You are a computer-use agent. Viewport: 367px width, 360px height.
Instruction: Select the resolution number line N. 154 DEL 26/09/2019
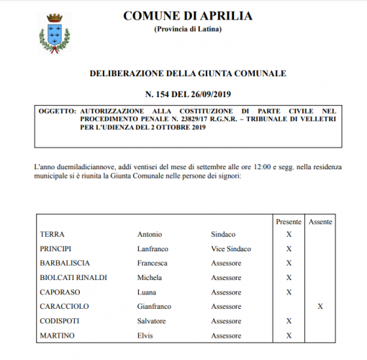pyautogui.click(x=187, y=94)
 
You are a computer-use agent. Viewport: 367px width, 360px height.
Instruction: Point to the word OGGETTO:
pyautogui.click(x=58, y=112)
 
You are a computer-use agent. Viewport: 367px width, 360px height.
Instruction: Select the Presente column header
pyautogui.click(x=289, y=222)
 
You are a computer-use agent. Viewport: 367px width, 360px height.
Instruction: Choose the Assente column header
pyautogui.click(x=320, y=222)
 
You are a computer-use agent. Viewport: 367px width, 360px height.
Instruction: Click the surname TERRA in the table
pyautogui.click(x=53, y=235)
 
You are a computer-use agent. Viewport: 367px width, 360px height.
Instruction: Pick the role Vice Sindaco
pyautogui.click(x=231, y=249)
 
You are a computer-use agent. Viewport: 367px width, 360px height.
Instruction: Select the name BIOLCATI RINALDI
pyautogui.click(x=74, y=278)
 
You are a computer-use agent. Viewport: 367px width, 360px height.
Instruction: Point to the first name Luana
pyautogui.click(x=147, y=292)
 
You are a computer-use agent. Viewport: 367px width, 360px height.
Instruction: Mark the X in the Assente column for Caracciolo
pyautogui.click(x=320, y=307)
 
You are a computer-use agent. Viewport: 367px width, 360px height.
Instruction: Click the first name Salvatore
pyautogui.click(x=152, y=321)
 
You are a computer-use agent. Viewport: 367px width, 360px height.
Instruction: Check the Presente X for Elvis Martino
pyautogui.click(x=289, y=336)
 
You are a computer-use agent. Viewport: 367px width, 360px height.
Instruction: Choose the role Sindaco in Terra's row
pyautogui.click(x=223, y=235)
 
